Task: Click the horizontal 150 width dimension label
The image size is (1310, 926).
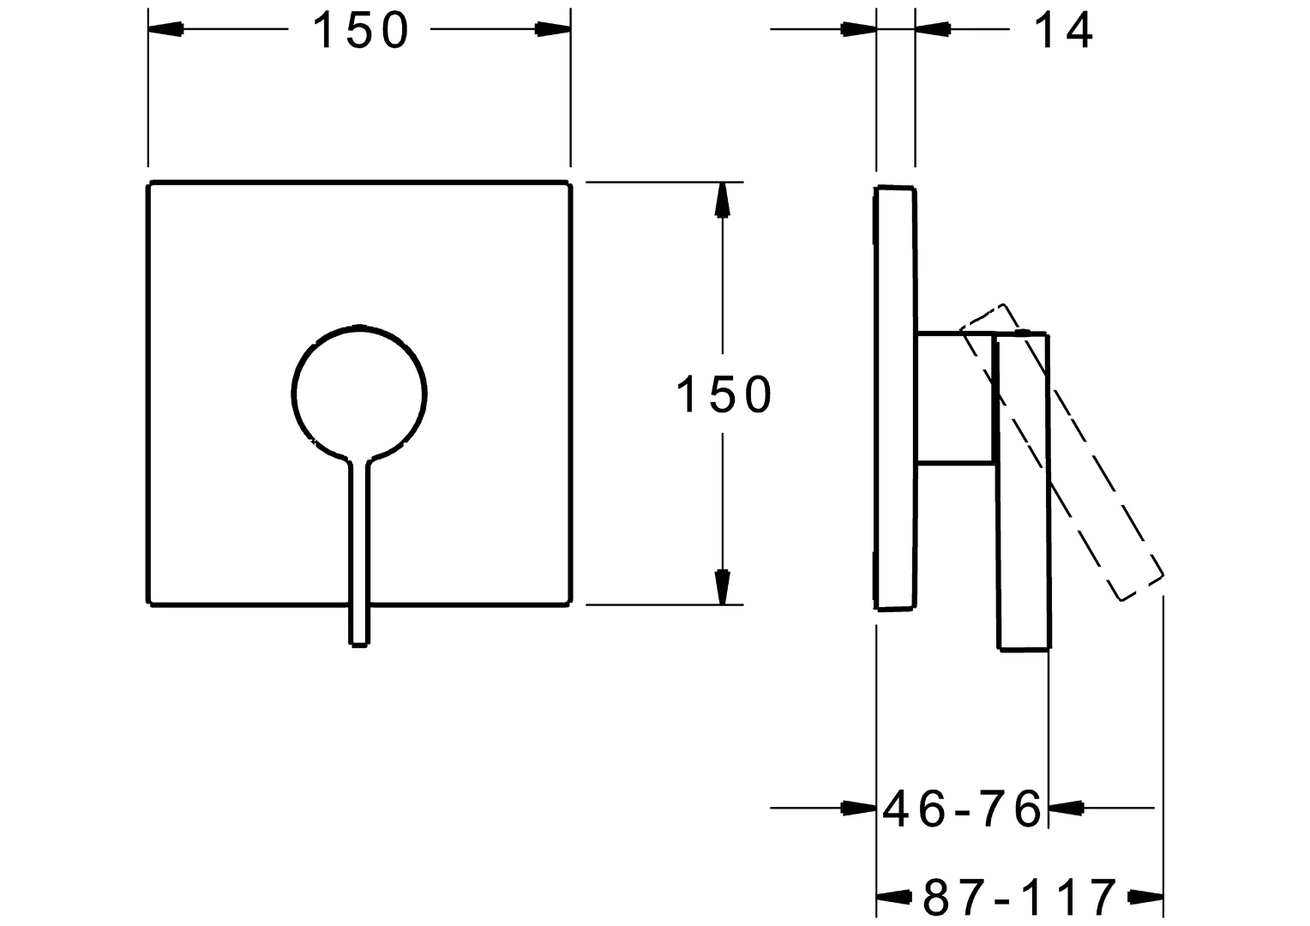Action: click(359, 31)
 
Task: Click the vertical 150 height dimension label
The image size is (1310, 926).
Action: click(724, 395)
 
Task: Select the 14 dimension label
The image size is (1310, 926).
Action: click(1063, 31)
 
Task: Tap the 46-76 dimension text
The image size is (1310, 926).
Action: click(962, 808)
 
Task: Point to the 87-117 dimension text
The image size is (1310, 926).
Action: click(1019, 898)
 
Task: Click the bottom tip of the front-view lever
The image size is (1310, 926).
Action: click(359, 641)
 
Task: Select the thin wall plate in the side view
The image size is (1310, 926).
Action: click(895, 398)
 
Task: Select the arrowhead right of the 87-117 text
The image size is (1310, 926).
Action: click(1145, 898)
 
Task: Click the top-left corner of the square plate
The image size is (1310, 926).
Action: click(152, 183)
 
